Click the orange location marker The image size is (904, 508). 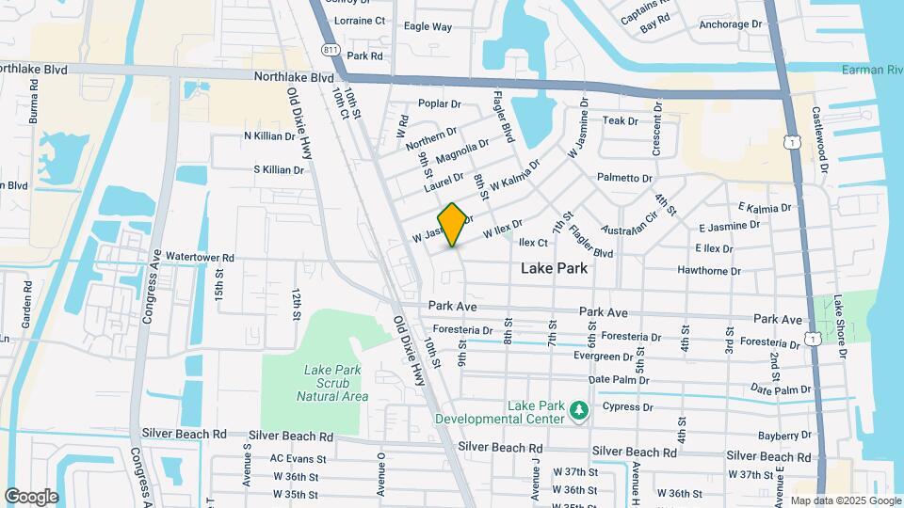453,225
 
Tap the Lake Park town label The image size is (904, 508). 555,268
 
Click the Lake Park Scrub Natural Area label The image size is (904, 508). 332,383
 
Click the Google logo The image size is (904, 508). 31,497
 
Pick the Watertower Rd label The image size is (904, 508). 200,257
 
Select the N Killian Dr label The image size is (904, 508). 269,135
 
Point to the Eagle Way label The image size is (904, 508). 428,27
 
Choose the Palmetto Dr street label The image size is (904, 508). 623,178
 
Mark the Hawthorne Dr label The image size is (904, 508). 709,271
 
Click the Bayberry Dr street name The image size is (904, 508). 784,435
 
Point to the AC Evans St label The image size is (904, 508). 298,459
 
